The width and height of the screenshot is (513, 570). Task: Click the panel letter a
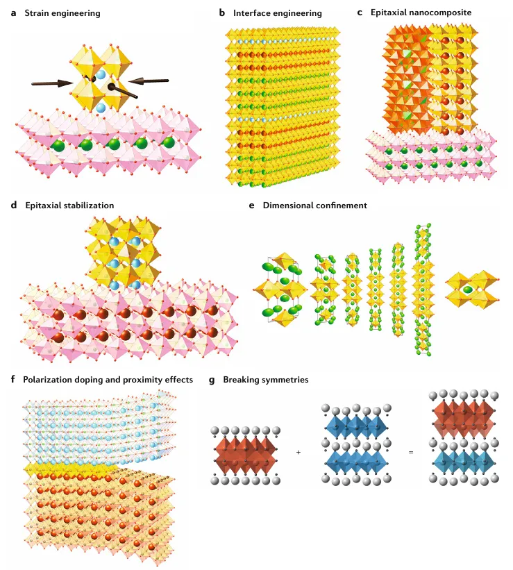point(13,13)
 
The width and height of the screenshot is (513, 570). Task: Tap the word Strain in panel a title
point(37,13)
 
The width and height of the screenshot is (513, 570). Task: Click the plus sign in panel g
point(298,452)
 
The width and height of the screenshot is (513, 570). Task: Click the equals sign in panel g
point(411,452)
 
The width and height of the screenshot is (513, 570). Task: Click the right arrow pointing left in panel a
point(149,81)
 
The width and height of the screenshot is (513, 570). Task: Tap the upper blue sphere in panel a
point(101,75)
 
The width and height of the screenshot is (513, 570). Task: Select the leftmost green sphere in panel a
point(58,146)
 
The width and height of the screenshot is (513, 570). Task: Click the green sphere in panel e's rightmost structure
point(468,290)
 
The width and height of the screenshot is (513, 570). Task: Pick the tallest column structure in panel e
point(423,290)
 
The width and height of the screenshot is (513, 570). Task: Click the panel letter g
point(212,380)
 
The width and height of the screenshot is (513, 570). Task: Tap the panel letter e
point(251,206)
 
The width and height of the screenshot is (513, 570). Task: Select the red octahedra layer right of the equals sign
point(464,418)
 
